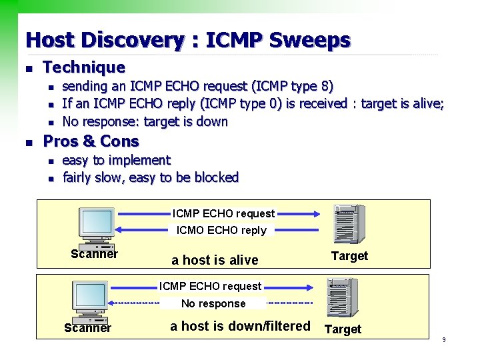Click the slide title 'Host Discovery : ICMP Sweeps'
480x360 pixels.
point(187,40)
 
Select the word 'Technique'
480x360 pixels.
point(84,67)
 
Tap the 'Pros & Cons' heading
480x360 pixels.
point(91,141)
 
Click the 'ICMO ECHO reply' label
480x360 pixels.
point(221,231)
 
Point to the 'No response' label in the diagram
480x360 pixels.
point(213,303)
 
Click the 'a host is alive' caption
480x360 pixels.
point(215,259)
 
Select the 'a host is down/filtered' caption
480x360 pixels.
point(240,326)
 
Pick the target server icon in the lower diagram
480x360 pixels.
point(341,297)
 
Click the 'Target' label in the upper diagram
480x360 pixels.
point(349,256)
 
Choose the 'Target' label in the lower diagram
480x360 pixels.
point(343,329)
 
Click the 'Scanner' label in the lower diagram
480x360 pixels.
point(87,327)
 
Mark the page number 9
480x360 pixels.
point(443,341)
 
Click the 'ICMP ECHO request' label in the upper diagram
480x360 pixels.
point(223,214)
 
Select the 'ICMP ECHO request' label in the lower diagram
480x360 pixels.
point(210,287)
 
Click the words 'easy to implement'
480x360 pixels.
point(116,160)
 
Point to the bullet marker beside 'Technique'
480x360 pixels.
point(27,68)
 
